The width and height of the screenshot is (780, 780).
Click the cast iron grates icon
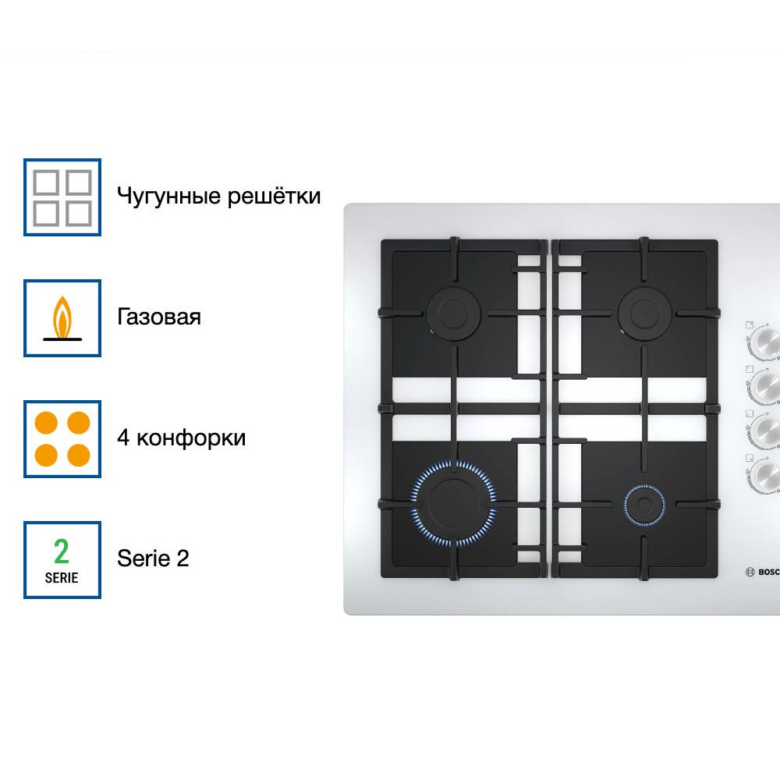(x=62, y=197)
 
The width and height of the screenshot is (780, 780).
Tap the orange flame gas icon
(x=62, y=318)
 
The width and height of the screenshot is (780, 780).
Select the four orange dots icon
(x=62, y=438)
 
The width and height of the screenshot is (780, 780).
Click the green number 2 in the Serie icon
(x=62, y=551)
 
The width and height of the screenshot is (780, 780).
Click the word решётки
(x=274, y=195)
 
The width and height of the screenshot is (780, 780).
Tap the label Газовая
(x=159, y=317)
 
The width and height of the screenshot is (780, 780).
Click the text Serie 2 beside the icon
(x=153, y=558)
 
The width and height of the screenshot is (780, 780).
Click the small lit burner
(x=644, y=503)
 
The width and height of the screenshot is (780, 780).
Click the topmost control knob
(x=765, y=340)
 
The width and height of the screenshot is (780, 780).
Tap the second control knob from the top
(x=765, y=385)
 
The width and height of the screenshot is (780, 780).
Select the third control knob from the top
(x=765, y=429)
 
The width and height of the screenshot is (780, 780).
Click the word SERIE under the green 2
(x=62, y=578)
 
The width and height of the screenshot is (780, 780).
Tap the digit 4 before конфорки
(x=123, y=438)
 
